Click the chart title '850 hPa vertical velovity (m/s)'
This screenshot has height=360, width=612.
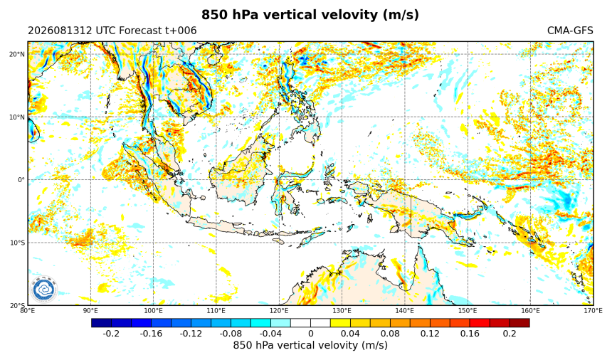[x=310, y=15]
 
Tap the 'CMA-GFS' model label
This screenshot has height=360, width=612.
[x=570, y=31]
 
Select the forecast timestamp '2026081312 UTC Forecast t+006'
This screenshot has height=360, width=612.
[x=112, y=31]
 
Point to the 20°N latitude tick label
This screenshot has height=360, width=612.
[x=17, y=54]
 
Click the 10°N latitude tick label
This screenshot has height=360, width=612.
[x=17, y=117]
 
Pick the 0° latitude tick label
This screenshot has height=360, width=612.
[x=21, y=180]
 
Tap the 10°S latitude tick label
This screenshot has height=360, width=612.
[x=17, y=243]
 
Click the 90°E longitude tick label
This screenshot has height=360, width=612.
[x=90, y=310]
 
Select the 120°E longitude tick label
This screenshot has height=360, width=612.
[x=279, y=310]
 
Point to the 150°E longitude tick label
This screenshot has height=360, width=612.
[x=468, y=310]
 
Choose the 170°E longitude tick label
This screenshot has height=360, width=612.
[x=593, y=310]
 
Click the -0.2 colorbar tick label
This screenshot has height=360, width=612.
[x=111, y=334]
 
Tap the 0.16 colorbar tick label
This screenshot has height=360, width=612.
[x=470, y=334]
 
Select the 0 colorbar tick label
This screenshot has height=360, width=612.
[x=311, y=334]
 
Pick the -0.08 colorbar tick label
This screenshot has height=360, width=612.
[x=231, y=334]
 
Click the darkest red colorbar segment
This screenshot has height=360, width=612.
[x=519, y=323]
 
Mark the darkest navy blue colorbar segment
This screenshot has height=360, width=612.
[x=102, y=323]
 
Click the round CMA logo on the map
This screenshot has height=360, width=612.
[x=43, y=290]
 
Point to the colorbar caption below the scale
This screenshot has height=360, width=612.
[x=310, y=345]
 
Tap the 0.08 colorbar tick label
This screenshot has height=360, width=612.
[x=390, y=334]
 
